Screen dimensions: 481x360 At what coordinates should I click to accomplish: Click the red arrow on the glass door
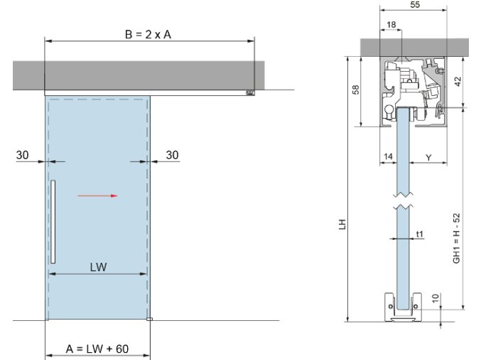pos(97,196)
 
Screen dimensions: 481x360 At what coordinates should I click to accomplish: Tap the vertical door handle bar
pos(53,222)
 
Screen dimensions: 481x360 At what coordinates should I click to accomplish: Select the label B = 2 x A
pos(148,34)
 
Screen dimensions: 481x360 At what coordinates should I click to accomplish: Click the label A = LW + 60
pos(97,349)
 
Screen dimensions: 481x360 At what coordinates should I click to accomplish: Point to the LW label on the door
pos(99,267)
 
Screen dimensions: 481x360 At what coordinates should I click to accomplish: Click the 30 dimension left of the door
pos(23,156)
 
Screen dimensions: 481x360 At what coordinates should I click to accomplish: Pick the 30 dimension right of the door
pos(172,156)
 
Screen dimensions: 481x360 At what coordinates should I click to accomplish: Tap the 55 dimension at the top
pos(415,4)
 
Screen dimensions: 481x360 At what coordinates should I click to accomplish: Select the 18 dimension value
pos(391,24)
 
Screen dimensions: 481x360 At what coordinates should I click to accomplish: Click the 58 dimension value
pos(356,89)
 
